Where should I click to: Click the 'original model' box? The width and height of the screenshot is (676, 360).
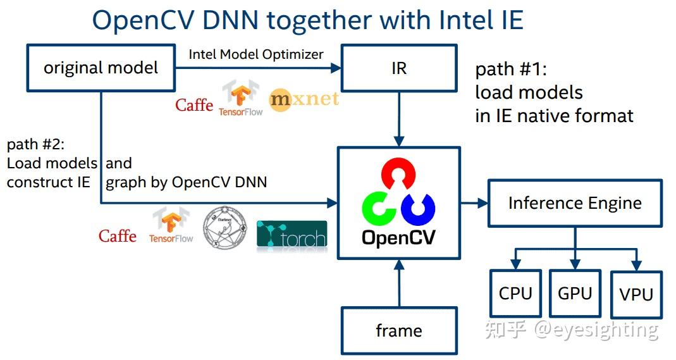[x=101, y=68]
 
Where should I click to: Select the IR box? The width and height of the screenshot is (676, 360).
[x=399, y=68]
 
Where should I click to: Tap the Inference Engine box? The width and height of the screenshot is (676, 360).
[x=575, y=203]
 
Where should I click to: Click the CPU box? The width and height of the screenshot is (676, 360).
[x=515, y=294]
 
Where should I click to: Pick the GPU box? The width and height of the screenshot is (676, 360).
[x=575, y=294]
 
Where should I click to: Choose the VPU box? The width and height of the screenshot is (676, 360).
[x=636, y=294]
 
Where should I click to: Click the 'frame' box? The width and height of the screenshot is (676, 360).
[x=399, y=331]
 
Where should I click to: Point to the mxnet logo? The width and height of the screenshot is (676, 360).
[x=304, y=99]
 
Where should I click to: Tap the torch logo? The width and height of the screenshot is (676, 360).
[x=292, y=235]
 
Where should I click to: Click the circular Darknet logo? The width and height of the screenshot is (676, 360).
[x=225, y=228]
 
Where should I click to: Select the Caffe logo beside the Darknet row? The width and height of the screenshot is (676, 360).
[x=117, y=236]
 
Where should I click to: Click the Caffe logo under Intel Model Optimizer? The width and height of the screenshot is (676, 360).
[x=194, y=105]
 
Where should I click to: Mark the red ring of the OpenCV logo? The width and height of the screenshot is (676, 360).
[x=399, y=173]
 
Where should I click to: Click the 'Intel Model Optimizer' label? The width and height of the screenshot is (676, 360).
[x=256, y=54]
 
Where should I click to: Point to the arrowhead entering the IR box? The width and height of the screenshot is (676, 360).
[x=335, y=68]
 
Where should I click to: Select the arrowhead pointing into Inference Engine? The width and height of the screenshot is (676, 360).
[x=482, y=202]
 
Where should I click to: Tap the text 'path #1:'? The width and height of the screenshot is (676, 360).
[x=511, y=69]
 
